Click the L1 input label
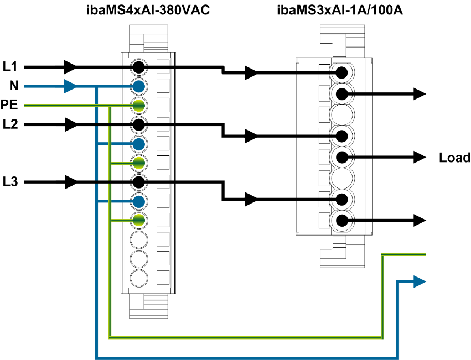point(10,67)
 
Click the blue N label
point(14,86)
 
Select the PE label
point(9,105)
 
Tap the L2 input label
point(10,124)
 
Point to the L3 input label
point(10,181)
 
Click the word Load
point(454,158)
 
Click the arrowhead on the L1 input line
point(71,67)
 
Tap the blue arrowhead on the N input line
point(71,86)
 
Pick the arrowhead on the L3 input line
point(71,181)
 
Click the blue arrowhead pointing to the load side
point(420,282)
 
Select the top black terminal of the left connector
point(138,67)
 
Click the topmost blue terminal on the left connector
point(138,86)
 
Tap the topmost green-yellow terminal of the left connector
point(138,106)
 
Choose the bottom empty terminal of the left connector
point(138,277)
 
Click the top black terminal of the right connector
point(342,72)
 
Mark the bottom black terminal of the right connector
point(342,221)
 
